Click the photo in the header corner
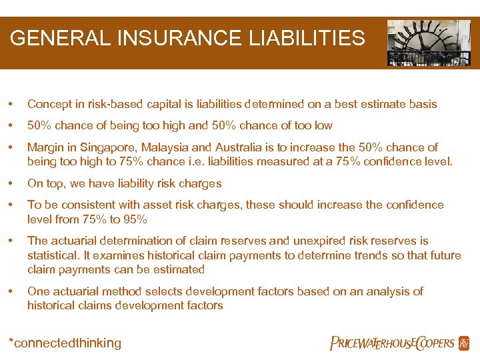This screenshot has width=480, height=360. [x=429, y=43]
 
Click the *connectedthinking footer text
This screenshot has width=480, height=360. [x=65, y=343]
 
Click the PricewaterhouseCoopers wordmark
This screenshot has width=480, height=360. [x=392, y=343]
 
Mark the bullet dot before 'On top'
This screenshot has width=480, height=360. [x=11, y=183]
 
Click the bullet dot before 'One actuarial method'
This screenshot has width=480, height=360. [x=11, y=291]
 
